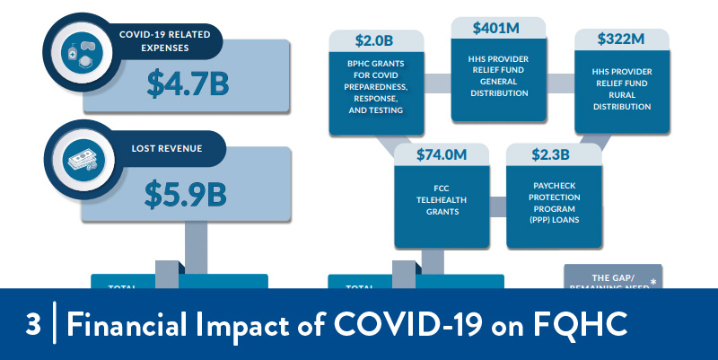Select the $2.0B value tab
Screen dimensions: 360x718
point(374,40)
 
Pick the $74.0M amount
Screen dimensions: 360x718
point(442,154)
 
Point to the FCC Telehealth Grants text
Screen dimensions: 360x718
point(442,200)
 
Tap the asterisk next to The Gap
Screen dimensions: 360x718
point(652,281)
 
